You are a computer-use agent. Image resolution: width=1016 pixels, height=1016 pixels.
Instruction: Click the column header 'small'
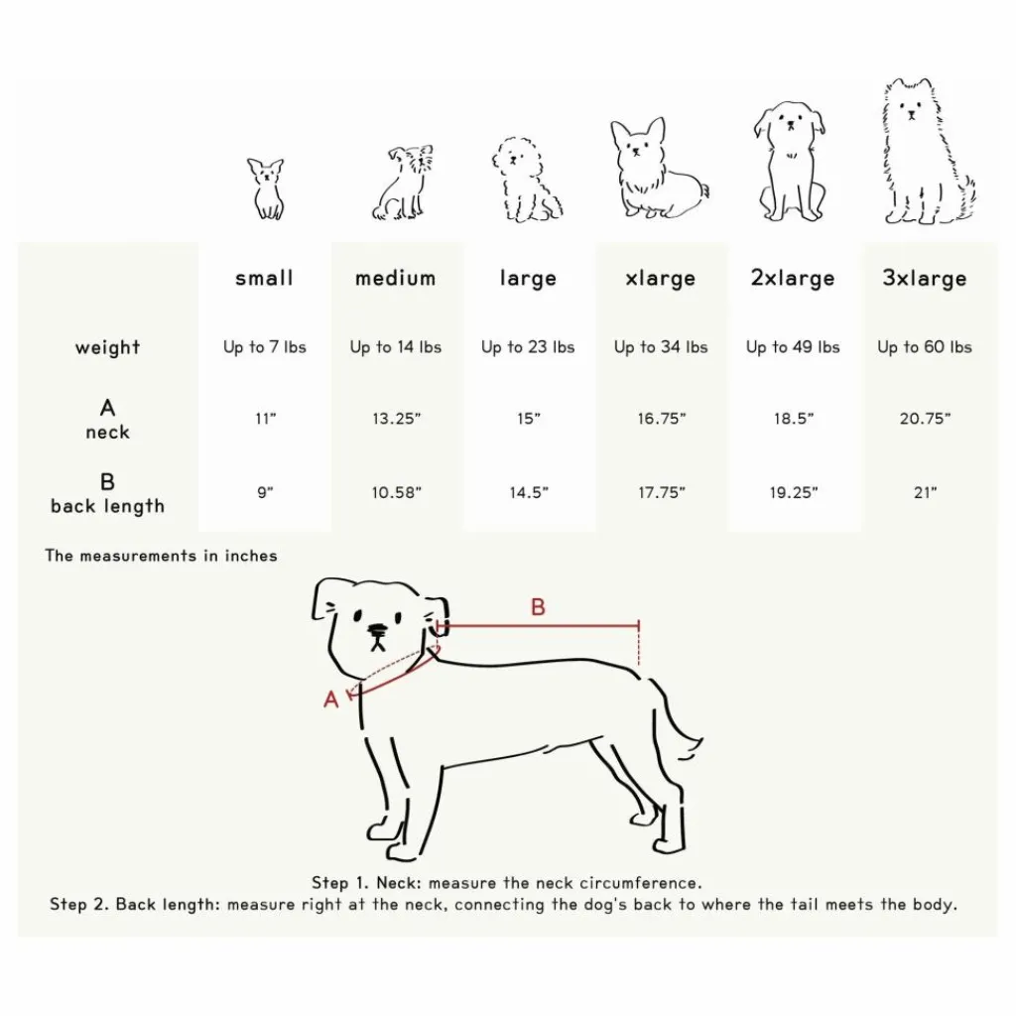tap(264, 279)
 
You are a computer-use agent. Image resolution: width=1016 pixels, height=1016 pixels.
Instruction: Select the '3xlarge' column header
tap(925, 279)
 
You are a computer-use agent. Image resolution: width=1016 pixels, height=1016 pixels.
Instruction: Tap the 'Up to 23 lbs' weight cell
tap(528, 347)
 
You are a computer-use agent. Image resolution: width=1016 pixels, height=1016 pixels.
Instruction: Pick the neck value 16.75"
tap(661, 420)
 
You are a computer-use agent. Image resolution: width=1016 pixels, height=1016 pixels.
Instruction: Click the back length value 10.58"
tap(396, 493)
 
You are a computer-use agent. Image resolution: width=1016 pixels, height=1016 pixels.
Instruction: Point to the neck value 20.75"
tap(925, 420)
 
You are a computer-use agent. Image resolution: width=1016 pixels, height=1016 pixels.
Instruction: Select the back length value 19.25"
tap(793, 493)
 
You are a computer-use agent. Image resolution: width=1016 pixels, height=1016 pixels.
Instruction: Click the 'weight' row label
tap(107, 348)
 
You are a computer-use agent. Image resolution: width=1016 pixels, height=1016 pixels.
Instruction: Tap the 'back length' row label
tap(107, 506)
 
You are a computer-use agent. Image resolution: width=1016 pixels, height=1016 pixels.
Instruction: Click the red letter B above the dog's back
tap(538, 607)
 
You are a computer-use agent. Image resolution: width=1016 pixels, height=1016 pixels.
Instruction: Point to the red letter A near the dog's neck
tap(331, 699)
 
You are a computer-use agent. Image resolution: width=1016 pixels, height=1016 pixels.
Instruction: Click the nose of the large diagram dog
tap(377, 630)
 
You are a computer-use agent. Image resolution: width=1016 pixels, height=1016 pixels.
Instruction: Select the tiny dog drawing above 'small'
tap(266, 189)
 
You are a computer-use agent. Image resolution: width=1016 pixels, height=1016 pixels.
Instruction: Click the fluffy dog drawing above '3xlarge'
tap(925, 154)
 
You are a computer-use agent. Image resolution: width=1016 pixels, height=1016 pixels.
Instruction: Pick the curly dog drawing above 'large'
tap(526, 180)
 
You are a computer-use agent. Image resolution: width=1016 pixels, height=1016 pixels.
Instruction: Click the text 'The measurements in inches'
tap(161, 556)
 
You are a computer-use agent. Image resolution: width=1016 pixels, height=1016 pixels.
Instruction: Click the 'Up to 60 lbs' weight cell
tap(925, 347)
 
